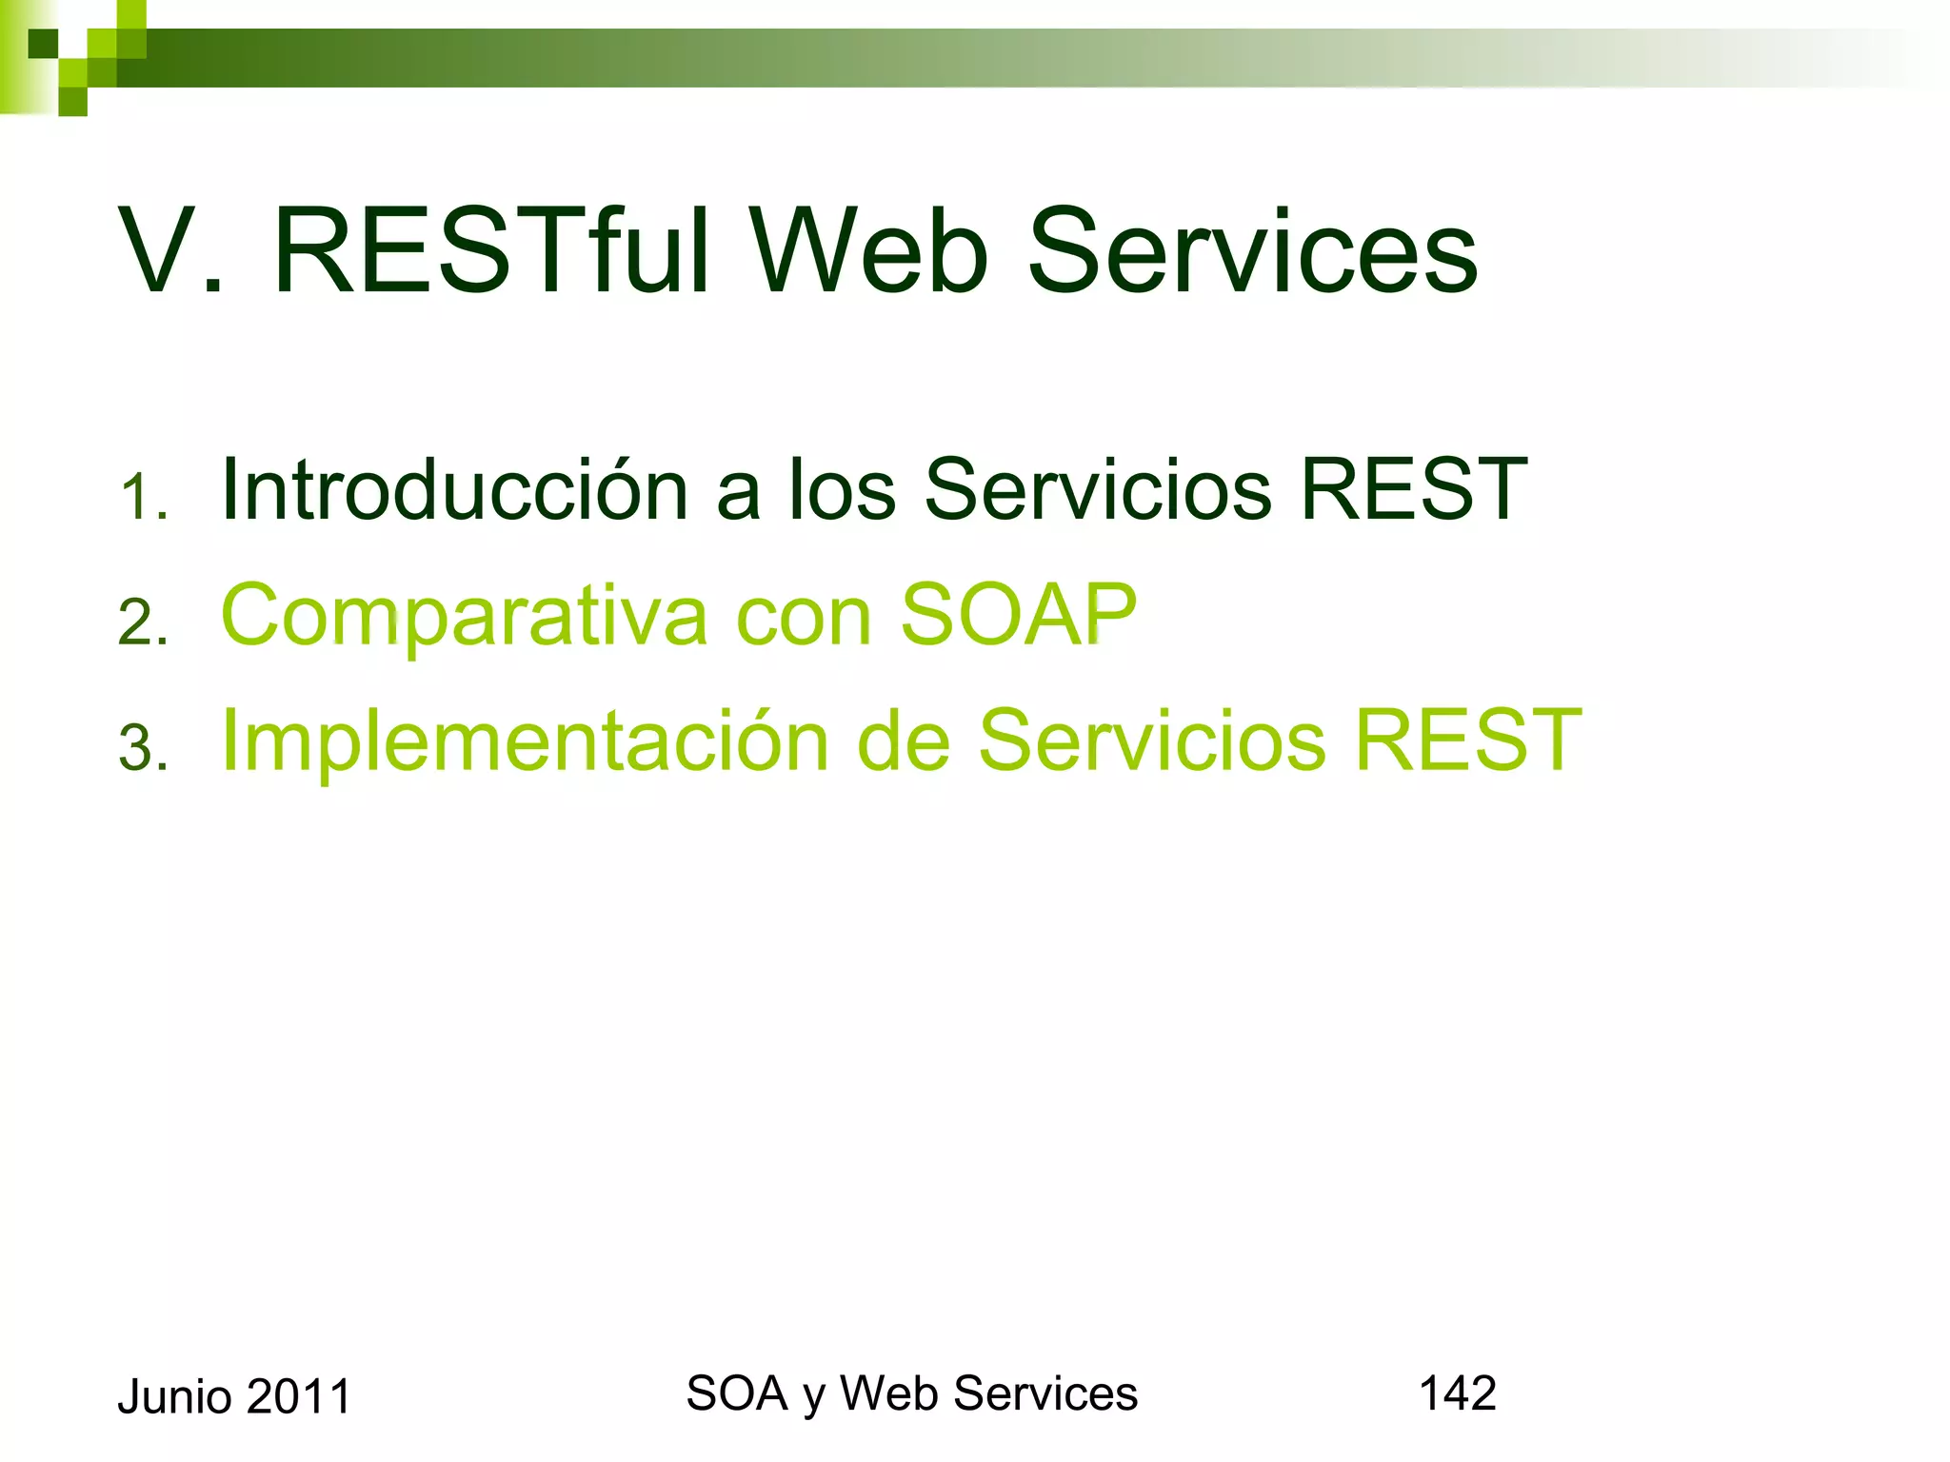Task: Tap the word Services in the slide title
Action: [x=1252, y=252]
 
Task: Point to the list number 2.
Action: [x=141, y=624]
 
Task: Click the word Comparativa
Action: [x=464, y=617]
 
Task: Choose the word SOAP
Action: [x=1018, y=615]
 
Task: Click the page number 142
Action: [x=1457, y=1393]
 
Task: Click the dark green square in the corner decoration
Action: [x=43, y=44]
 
